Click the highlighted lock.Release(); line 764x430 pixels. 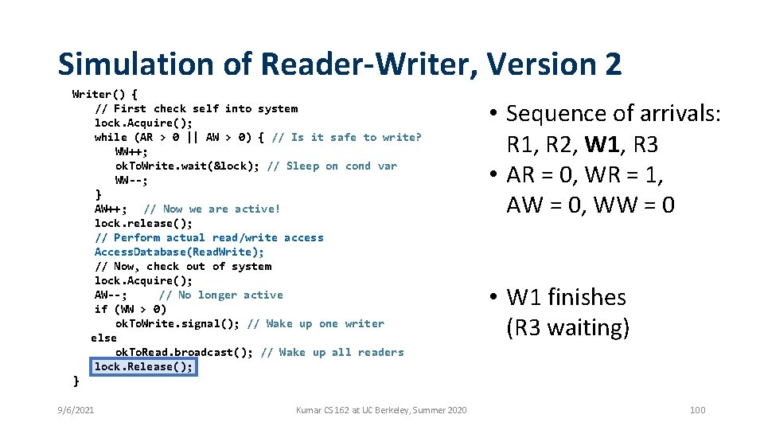[143, 367]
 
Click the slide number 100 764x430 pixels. [697, 410]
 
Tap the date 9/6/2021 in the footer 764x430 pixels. [76, 410]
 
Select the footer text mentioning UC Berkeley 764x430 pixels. [381, 410]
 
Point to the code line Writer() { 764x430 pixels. [104, 94]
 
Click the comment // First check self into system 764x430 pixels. [196, 108]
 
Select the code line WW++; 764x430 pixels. [131, 151]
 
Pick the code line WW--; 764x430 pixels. [131, 180]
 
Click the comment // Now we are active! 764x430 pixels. [212, 209]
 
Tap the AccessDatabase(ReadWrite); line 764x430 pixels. [179, 252]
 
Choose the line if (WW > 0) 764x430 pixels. [130, 309]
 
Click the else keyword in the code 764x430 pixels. [103, 338]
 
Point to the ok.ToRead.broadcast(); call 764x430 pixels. [185, 352]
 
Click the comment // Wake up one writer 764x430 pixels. [316, 323]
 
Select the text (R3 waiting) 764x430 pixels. [567, 327]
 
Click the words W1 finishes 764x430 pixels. [566, 298]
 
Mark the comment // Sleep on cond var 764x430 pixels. [332, 166]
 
